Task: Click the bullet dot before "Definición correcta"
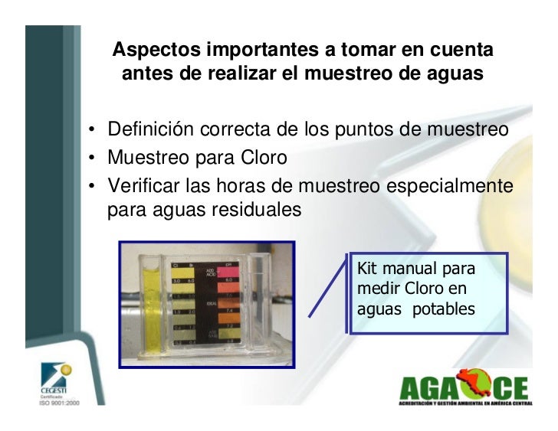click(x=91, y=129)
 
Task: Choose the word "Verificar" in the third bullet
click(x=144, y=186)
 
